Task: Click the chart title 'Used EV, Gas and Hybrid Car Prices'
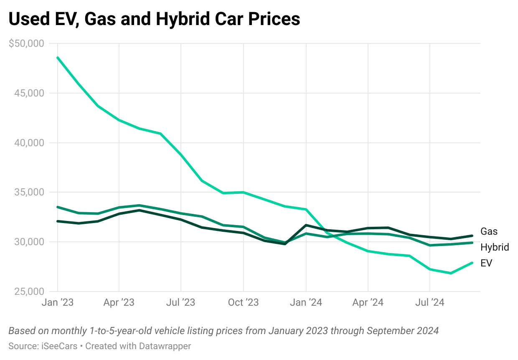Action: [154, 19]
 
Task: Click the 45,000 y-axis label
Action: [29, 93]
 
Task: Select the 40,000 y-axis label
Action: [29, 143]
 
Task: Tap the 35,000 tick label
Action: [29, 193]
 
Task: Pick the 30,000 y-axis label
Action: [29, 242]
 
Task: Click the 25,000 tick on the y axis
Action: [29, 292]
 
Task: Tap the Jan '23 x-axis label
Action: [58, 302]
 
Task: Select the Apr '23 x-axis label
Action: [119, 302]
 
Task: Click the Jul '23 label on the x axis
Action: [181, 302]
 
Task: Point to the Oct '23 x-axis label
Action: [243, 302]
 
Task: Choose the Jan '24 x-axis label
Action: [306, 302]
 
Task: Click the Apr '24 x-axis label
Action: [368, 302]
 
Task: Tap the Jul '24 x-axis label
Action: [430, 302]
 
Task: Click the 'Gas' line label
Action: [489, 231]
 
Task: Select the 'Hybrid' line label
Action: [495, 247]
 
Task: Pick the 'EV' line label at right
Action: [486, 263]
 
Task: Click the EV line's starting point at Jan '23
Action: [58, 58]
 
